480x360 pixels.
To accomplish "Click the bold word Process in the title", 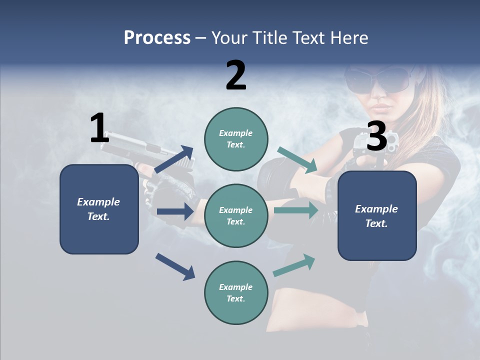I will pyautogui.click(x=157, y=38).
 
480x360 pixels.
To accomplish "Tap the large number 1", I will pyautogui.click(x=99, y=128).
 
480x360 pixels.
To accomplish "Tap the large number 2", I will pyautogui.click(x=236, y=75).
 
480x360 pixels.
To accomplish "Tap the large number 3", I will pyautogui.click(x=376, y=136).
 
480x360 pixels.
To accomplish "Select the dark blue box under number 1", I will pyautogui.click(x=99, y=209).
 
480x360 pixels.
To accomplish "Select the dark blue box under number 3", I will pyautogui.click(x=377, y=216).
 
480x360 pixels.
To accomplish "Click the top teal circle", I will pyautogui.click(x=236, y=139).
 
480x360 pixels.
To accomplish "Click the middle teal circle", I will pyautogui.click(x=236, y=215).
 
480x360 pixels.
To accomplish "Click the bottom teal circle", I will pyautogui.click(x=236, y=293).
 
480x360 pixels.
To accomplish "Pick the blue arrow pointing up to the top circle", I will pyautogui.click(x=174, y=159).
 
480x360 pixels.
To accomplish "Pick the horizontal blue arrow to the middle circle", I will pyautogui.click(x=175, y=211).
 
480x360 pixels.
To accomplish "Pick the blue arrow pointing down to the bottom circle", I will pyautogui.click(x=175, y=266).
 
